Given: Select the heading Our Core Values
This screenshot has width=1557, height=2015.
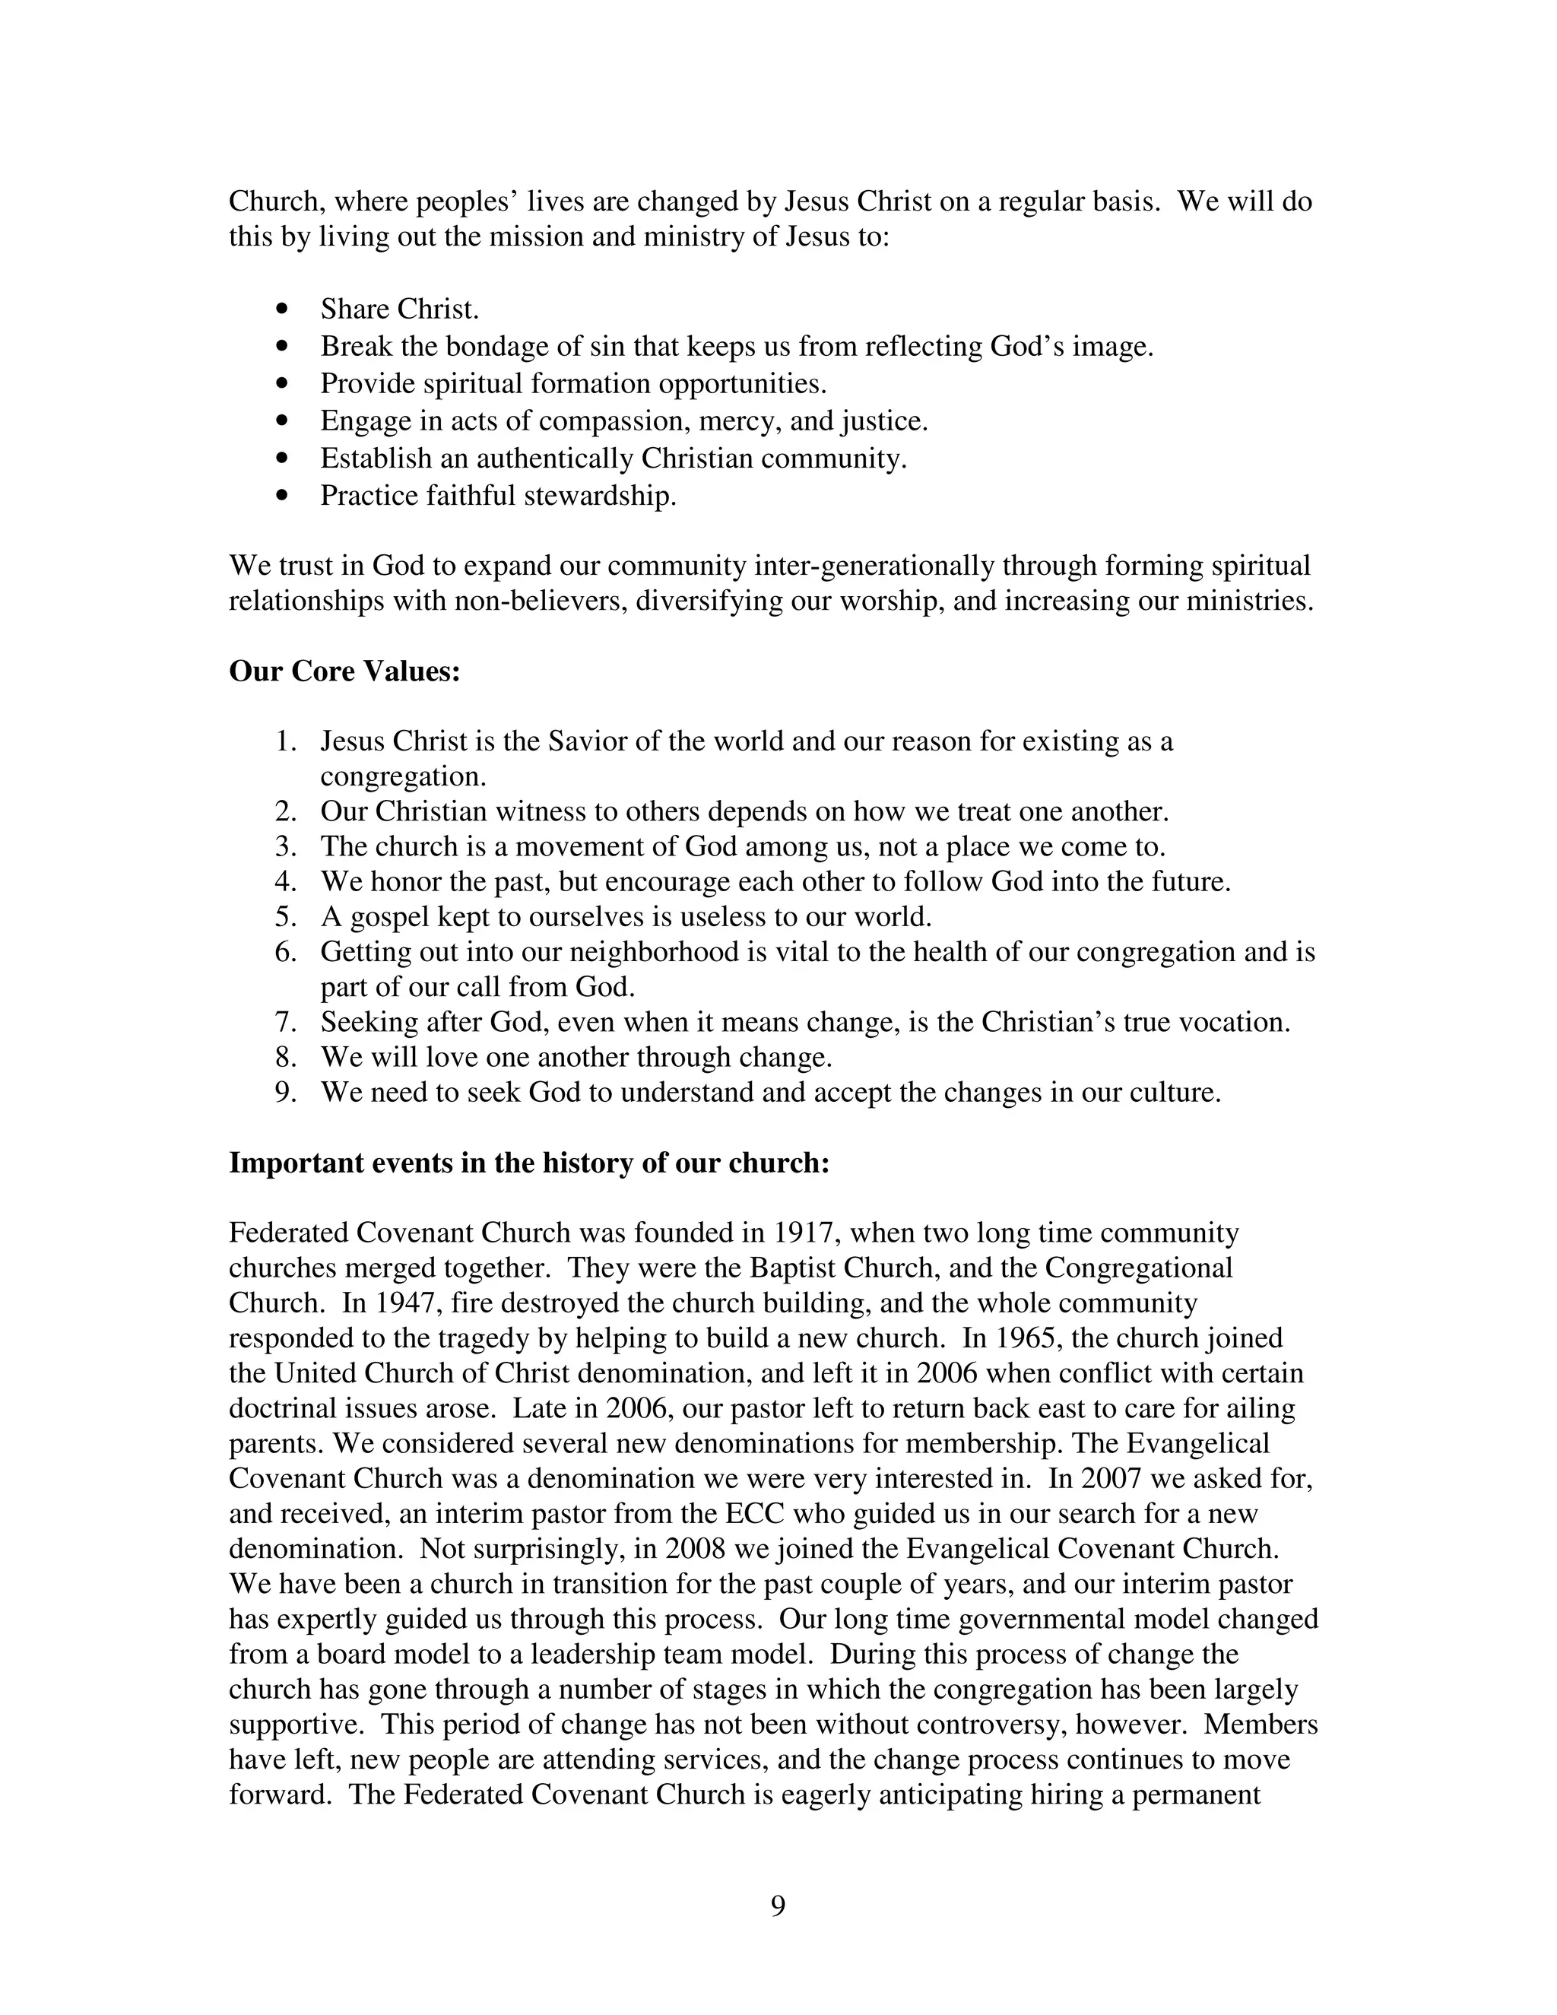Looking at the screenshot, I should pos(344,671).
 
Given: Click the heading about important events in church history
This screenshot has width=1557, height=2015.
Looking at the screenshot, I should pos(529,1163).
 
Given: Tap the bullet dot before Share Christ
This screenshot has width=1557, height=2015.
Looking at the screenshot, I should pos(283,309).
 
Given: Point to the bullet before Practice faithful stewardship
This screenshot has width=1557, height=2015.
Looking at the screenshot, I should pos(283,497).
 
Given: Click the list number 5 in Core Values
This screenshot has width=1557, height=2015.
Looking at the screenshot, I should pos(285,916).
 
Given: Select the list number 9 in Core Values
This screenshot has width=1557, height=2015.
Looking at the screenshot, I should pos(285,1093).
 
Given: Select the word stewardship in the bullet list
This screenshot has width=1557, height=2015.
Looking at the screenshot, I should pos(600,497).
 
